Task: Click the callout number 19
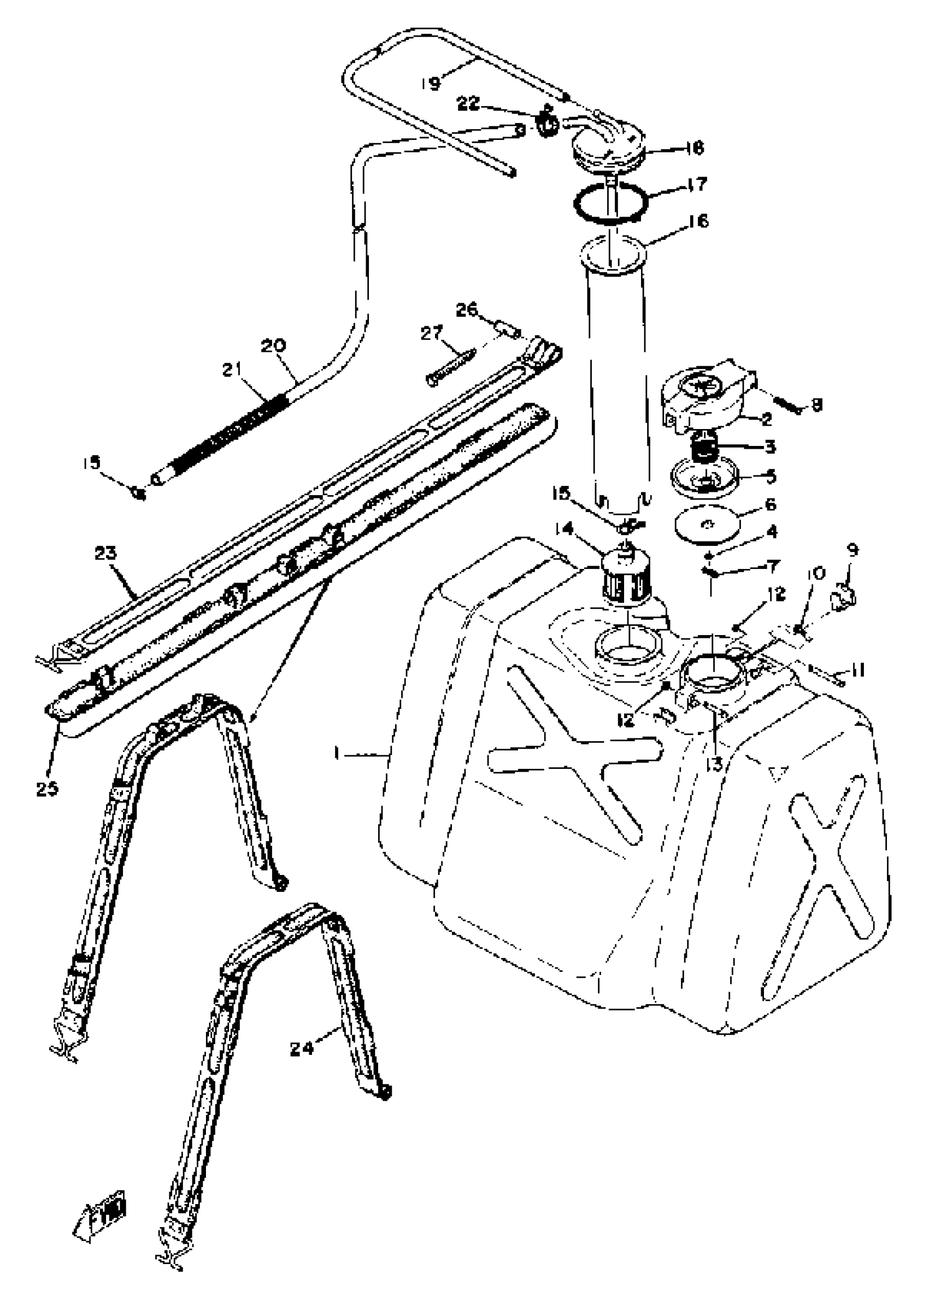coord(431,84)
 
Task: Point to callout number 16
coord(698,221)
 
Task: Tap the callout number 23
coord(107,553)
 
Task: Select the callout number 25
coord(48,788)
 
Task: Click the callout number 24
coord(302,1048)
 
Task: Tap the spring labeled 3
coord(707,446)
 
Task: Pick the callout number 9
coord(852,550)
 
